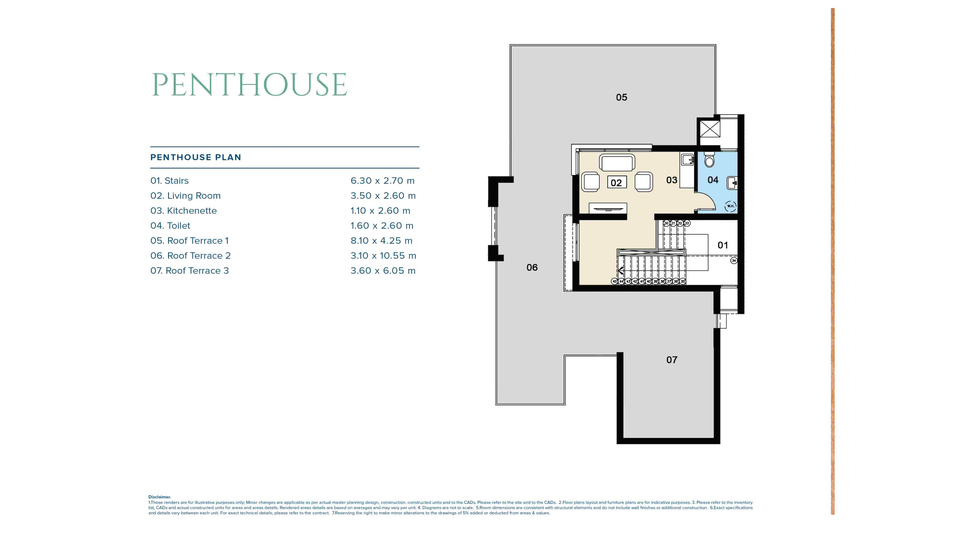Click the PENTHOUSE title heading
click(x=249, y=85)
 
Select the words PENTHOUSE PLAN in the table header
click(x=195, y=158)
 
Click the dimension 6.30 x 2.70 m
click(x=382, y=181)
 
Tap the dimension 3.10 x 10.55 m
click(x=383, y=256)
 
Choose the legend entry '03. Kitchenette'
click(x=183, y=211)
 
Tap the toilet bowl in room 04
click(x=709, y=160)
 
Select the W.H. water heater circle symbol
click(x=730, y=206)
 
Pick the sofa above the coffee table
click(x=617, y=163)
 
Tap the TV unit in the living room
click(x=608, y=208)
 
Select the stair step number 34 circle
click(x=734, y=261)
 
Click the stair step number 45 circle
click(x=614, y=282)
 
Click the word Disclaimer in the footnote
click(x=159, y=497)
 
